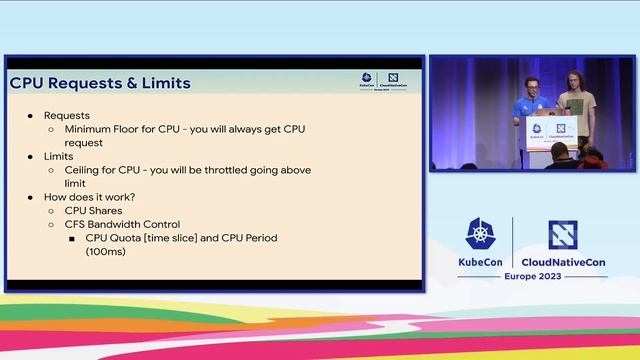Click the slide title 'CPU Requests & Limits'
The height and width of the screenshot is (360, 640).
point(99,84)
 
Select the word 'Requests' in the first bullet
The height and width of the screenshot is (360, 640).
point(66,116)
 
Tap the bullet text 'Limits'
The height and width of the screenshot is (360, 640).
point(59,157)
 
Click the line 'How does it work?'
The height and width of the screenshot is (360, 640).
point(90,197)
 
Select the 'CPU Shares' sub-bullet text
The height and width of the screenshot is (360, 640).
point(93,211)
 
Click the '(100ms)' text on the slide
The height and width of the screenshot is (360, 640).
point(105,252)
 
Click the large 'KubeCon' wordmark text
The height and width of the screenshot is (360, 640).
point(478,262)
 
